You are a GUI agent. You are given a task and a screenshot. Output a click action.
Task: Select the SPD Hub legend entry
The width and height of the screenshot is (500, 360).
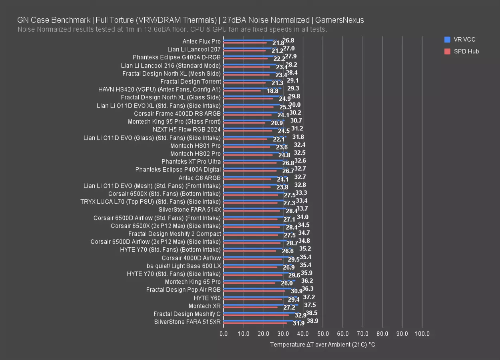(x=466, y=51)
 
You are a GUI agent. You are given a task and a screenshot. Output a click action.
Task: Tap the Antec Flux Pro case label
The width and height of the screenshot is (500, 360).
(x=201, y=42)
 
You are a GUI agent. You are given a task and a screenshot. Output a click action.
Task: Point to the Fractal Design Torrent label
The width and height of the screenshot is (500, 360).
(x=191, y=82)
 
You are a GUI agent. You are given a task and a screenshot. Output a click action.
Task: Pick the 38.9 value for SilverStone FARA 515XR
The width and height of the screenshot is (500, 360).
(x=312, y=321)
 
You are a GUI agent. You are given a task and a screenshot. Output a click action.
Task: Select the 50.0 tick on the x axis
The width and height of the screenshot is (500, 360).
(x=323, y=334)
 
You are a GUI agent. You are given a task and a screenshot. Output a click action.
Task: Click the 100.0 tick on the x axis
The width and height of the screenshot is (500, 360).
(x=422, y=334)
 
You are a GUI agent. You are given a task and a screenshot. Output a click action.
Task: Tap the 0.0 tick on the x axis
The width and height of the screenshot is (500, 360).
(x=224, y=334)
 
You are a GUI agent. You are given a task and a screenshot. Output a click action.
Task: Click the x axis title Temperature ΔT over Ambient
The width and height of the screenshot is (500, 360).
(x=322, y=344)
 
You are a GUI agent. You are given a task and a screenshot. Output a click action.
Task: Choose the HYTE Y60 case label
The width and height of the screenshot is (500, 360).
(x=207, y=298)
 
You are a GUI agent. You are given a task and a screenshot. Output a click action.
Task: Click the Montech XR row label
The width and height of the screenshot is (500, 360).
(x=205, y=306)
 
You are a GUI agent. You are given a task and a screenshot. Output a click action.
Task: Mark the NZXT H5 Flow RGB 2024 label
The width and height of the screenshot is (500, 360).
(x=186, y=130)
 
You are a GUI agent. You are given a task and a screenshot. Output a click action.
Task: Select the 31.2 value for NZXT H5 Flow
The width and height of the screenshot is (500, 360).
(x=297, y=128)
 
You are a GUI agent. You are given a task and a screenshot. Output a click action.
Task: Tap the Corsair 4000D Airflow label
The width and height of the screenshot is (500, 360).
(x=191, y=258)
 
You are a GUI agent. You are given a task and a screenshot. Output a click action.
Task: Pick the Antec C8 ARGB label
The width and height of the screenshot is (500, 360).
(x=199, y=178)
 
